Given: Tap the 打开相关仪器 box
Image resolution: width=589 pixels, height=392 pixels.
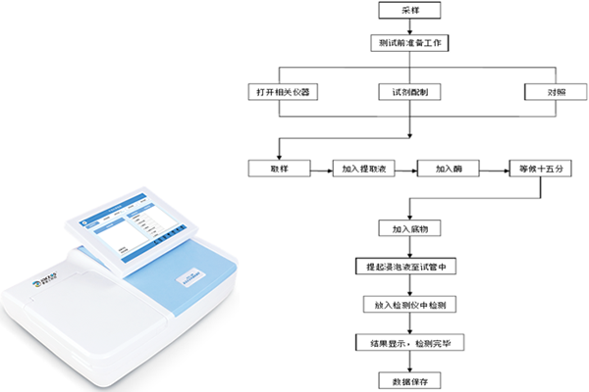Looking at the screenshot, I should (282, 92).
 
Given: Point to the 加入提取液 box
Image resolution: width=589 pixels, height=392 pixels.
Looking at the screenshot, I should (362, 168).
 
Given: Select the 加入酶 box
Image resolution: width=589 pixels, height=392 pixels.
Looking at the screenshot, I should (447, 168).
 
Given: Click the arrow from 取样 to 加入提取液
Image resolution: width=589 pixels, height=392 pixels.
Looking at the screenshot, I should (321, 168).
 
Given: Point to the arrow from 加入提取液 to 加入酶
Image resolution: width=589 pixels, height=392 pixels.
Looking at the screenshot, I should (404, 168).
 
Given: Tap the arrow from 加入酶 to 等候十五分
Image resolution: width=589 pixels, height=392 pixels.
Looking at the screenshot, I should (490, 168).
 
